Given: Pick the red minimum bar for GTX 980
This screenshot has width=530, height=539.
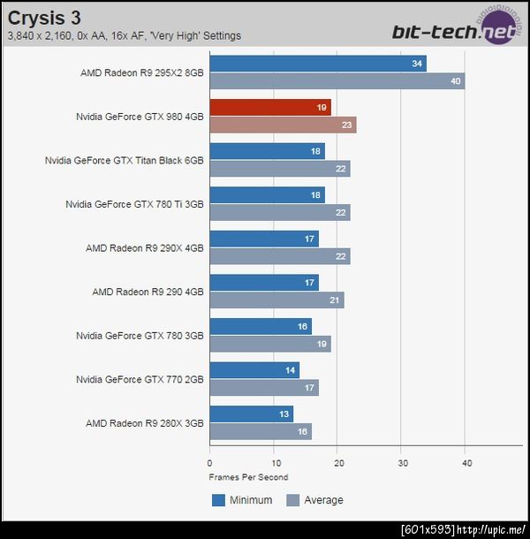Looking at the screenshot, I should (x=270, y=108).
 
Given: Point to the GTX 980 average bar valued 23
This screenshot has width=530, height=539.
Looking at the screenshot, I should (x=283, y=125).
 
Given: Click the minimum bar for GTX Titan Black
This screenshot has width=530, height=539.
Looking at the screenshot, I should (x=267, y=151).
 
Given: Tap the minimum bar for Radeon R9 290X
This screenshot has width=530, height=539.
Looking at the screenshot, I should (x=264, y=239).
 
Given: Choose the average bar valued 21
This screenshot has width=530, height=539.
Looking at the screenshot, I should (x=276, y=300).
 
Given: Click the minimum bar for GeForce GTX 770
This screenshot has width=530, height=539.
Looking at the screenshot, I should (x=254, y=370).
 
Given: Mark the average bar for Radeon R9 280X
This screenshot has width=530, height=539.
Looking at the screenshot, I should (x=261, y=431).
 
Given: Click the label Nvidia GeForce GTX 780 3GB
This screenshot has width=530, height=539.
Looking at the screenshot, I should (x=140, y=336).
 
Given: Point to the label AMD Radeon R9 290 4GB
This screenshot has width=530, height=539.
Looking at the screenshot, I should (x=148, y=292).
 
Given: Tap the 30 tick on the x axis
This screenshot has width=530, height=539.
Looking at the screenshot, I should (x=403, y=462).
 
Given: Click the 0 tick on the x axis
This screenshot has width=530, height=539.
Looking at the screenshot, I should (x=209, y=462).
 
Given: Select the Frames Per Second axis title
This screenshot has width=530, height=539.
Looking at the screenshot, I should (x=248, y=477).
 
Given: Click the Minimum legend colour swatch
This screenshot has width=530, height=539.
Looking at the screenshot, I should (x=219, y=500).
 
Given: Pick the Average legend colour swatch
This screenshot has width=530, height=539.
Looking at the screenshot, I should (x=292, y=500).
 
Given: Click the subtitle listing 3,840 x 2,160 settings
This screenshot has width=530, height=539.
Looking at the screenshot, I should (x=124, y=36).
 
